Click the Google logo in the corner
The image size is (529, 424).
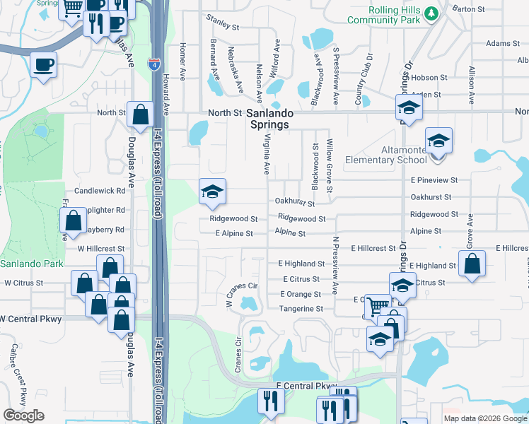[x=23, y=416]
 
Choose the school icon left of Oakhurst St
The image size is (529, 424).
[x=211, y=192]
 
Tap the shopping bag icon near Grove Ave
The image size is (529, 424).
[x=472, y=265]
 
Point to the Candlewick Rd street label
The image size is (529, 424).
[x=99, y=192]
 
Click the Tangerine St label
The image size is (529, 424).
[x=301, y=309]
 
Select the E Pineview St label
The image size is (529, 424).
[x=434, y=180]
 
